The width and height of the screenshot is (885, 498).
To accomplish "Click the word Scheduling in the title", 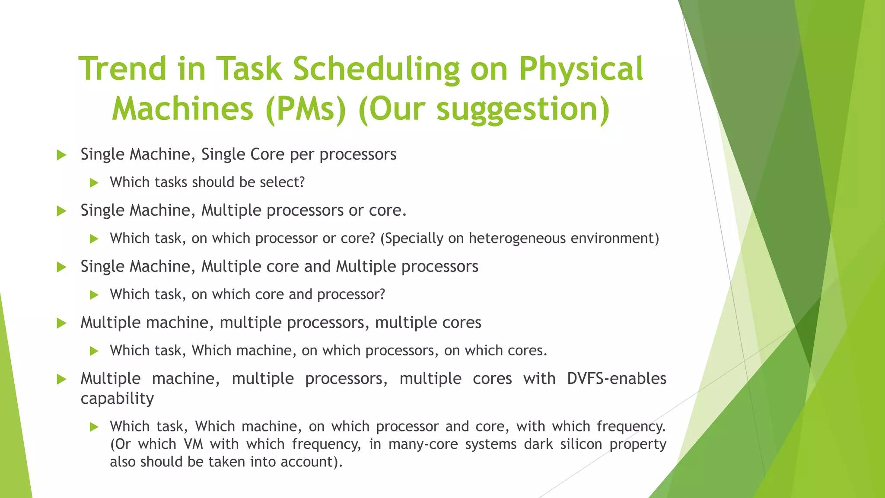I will (x=376, y=69).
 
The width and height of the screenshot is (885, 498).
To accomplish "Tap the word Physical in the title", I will (x=581, y=69).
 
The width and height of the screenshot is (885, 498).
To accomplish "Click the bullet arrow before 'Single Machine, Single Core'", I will (x=61, y=155).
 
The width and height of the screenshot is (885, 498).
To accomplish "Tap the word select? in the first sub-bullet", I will (x=282, y=182).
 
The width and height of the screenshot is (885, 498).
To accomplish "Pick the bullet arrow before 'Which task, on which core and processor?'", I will (x=94, y=295).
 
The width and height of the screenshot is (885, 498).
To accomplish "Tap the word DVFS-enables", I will (x=616, y=379).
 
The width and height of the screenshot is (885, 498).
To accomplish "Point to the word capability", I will (x=117, y=399).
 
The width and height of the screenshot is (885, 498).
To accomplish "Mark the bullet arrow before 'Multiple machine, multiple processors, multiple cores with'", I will (x=61, y=380).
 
